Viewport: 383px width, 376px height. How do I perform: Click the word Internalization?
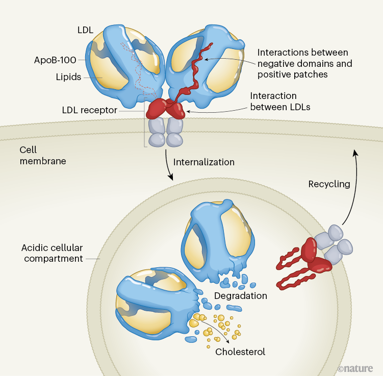(204, 162)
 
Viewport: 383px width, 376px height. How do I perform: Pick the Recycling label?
(329, 184)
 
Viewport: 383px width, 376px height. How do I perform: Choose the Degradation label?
(241, 295)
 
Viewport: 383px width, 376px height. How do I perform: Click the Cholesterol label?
(240, 352)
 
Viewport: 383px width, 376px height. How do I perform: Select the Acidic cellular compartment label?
(52, 253)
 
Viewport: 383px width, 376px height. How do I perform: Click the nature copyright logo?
(355, 368)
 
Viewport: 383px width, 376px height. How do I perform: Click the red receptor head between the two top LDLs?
(166, 108)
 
